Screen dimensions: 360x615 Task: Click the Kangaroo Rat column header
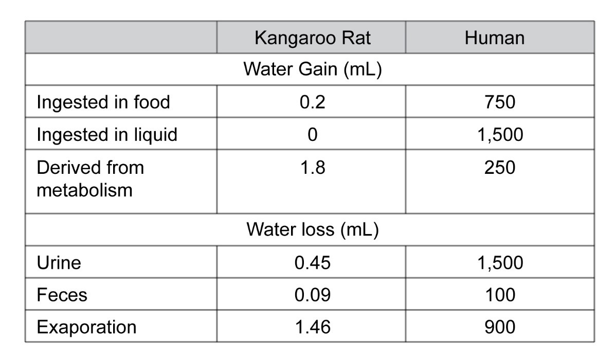pyautogui.click(x=312, y=38)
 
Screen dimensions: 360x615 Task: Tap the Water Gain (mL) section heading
pyautogui.click(x=312, y=69)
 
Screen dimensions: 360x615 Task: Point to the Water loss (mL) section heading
pyautogui.click(x=312, y=229)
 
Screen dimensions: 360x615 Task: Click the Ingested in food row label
pyautogui.click(x=103, y=102)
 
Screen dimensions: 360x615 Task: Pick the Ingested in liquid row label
pyautogui.click(x=107, y=134)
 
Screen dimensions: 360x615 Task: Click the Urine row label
pyautogui.click(x=59, y=262)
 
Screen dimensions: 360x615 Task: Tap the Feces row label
pyautogui.click(x=62, y=295)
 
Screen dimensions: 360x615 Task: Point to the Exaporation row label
pyautogui.click(x=86, y=327)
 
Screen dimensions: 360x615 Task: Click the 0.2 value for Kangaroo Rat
pyautogui.click(x=312, y=102)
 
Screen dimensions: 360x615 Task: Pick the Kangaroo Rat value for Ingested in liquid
pyautogui.click(x=312, y=134)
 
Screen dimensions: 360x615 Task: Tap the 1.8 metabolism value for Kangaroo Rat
pyautogui.click(x=312, y=168)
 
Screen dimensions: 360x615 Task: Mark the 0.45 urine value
pyautogui.click(x=312, y=262)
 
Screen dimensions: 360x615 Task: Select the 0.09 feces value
pyautogui.click(x=312, y=295)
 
